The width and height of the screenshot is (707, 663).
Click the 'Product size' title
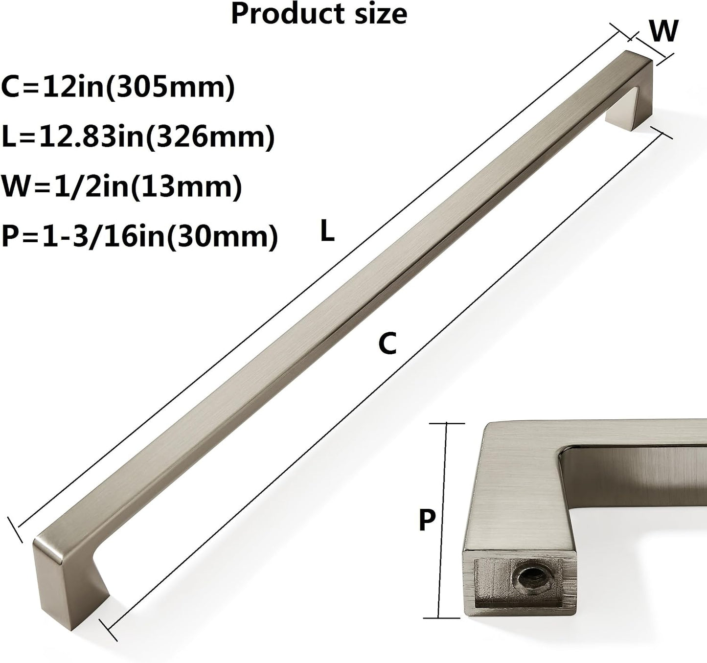point(319,14)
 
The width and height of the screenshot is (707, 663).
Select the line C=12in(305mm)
point(118,88)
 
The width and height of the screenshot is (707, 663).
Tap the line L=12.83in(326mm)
point(138,137)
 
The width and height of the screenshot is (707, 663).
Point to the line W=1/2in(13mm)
point(121,187)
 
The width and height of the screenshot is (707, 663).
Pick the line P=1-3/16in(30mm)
point(139,237)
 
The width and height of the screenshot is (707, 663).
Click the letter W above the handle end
point(664,31)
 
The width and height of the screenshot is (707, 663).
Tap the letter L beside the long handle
point(327,231)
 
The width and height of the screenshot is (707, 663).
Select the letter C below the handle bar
point(388,343)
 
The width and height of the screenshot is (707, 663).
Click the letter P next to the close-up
point(427,520)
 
